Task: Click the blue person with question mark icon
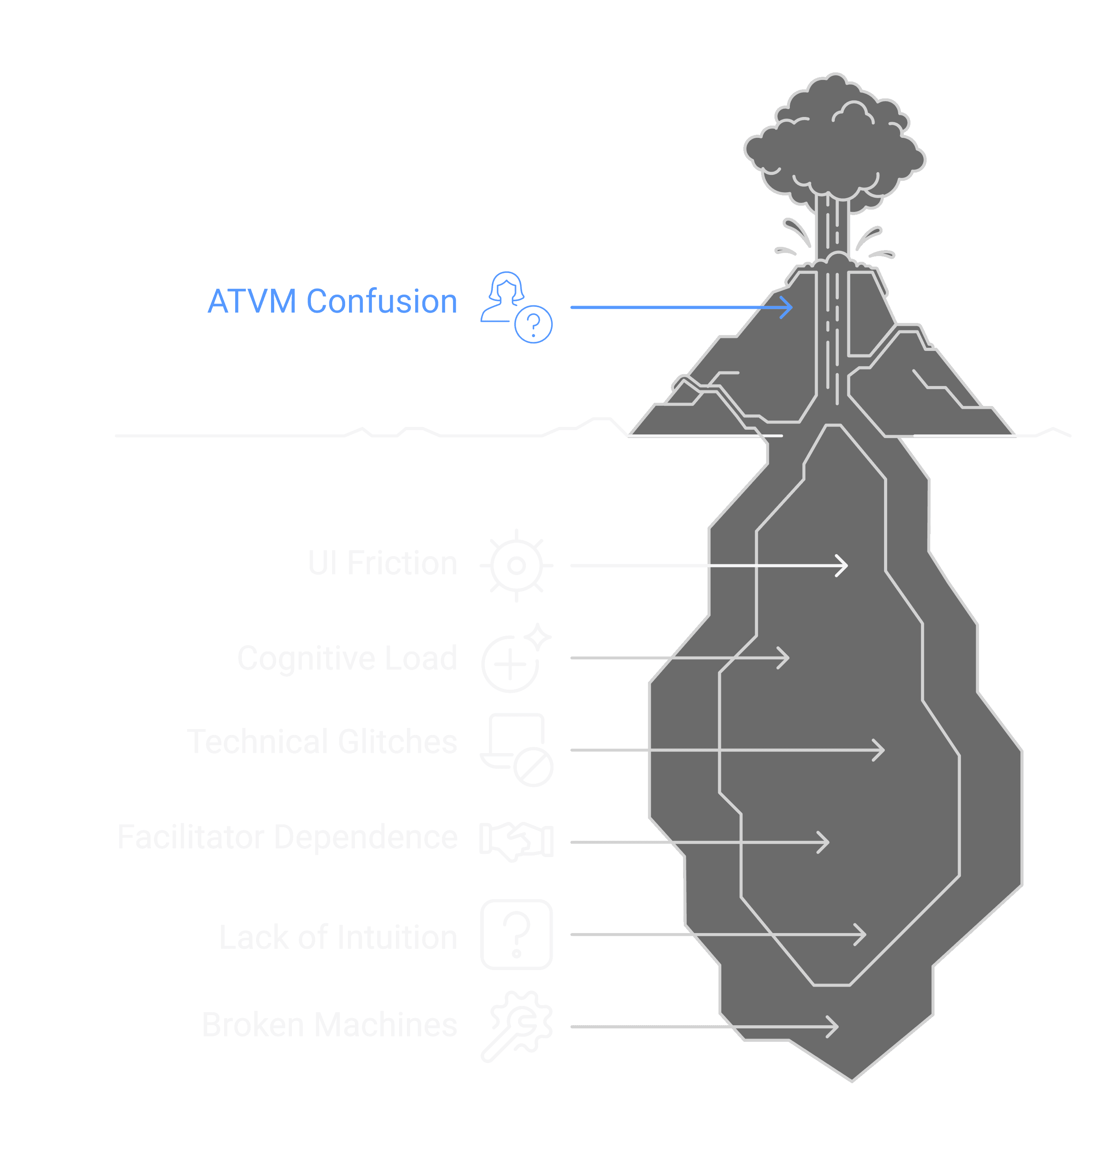516,307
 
